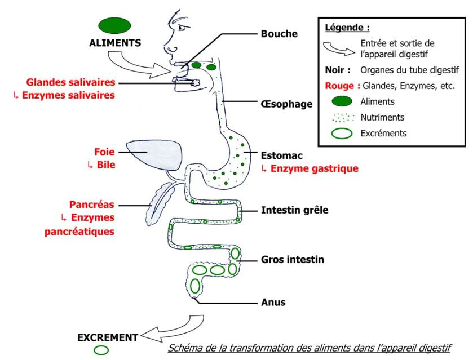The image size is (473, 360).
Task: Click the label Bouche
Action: pyautogui.click(x=279, y=34)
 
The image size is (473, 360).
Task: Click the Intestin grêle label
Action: pyautogui.click(x=294, y=210)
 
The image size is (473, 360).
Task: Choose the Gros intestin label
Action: pyautogui.click(x=293, y=260)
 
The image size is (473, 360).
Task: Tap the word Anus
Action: pyautogui.click(x=273, y=303)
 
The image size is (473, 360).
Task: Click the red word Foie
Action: pyautogui.click(x=104, y=152)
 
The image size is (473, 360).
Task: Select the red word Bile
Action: pyautogui.click(x=105, y=165)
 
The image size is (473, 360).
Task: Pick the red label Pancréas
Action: pyautogui.click(x=92, y=205)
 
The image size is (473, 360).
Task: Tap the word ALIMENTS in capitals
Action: pyautogui.click(x=115, y=42)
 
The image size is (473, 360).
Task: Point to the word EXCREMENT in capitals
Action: pyautogui.click(x=108, y=338)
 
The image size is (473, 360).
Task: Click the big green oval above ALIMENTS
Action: pyautogui.click(x=115, y=25)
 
